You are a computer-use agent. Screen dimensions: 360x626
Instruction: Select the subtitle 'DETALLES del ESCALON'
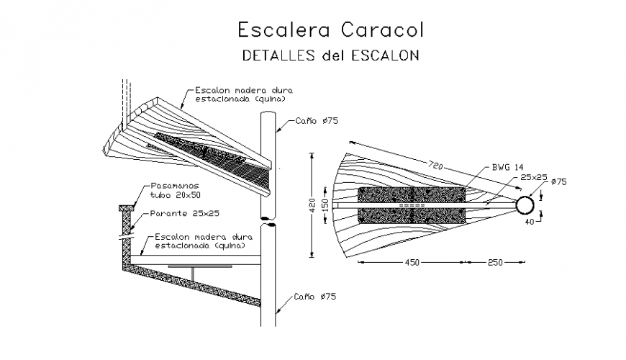coord(330,55)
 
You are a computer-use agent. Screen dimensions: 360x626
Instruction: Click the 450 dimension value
coord(412,262)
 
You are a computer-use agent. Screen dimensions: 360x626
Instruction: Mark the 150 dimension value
coord(325,204)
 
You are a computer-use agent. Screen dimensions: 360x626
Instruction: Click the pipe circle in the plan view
coord(524,205)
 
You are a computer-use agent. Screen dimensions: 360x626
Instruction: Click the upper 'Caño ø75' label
coord(317,122)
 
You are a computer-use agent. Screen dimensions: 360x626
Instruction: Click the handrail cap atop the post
coord(123,208)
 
